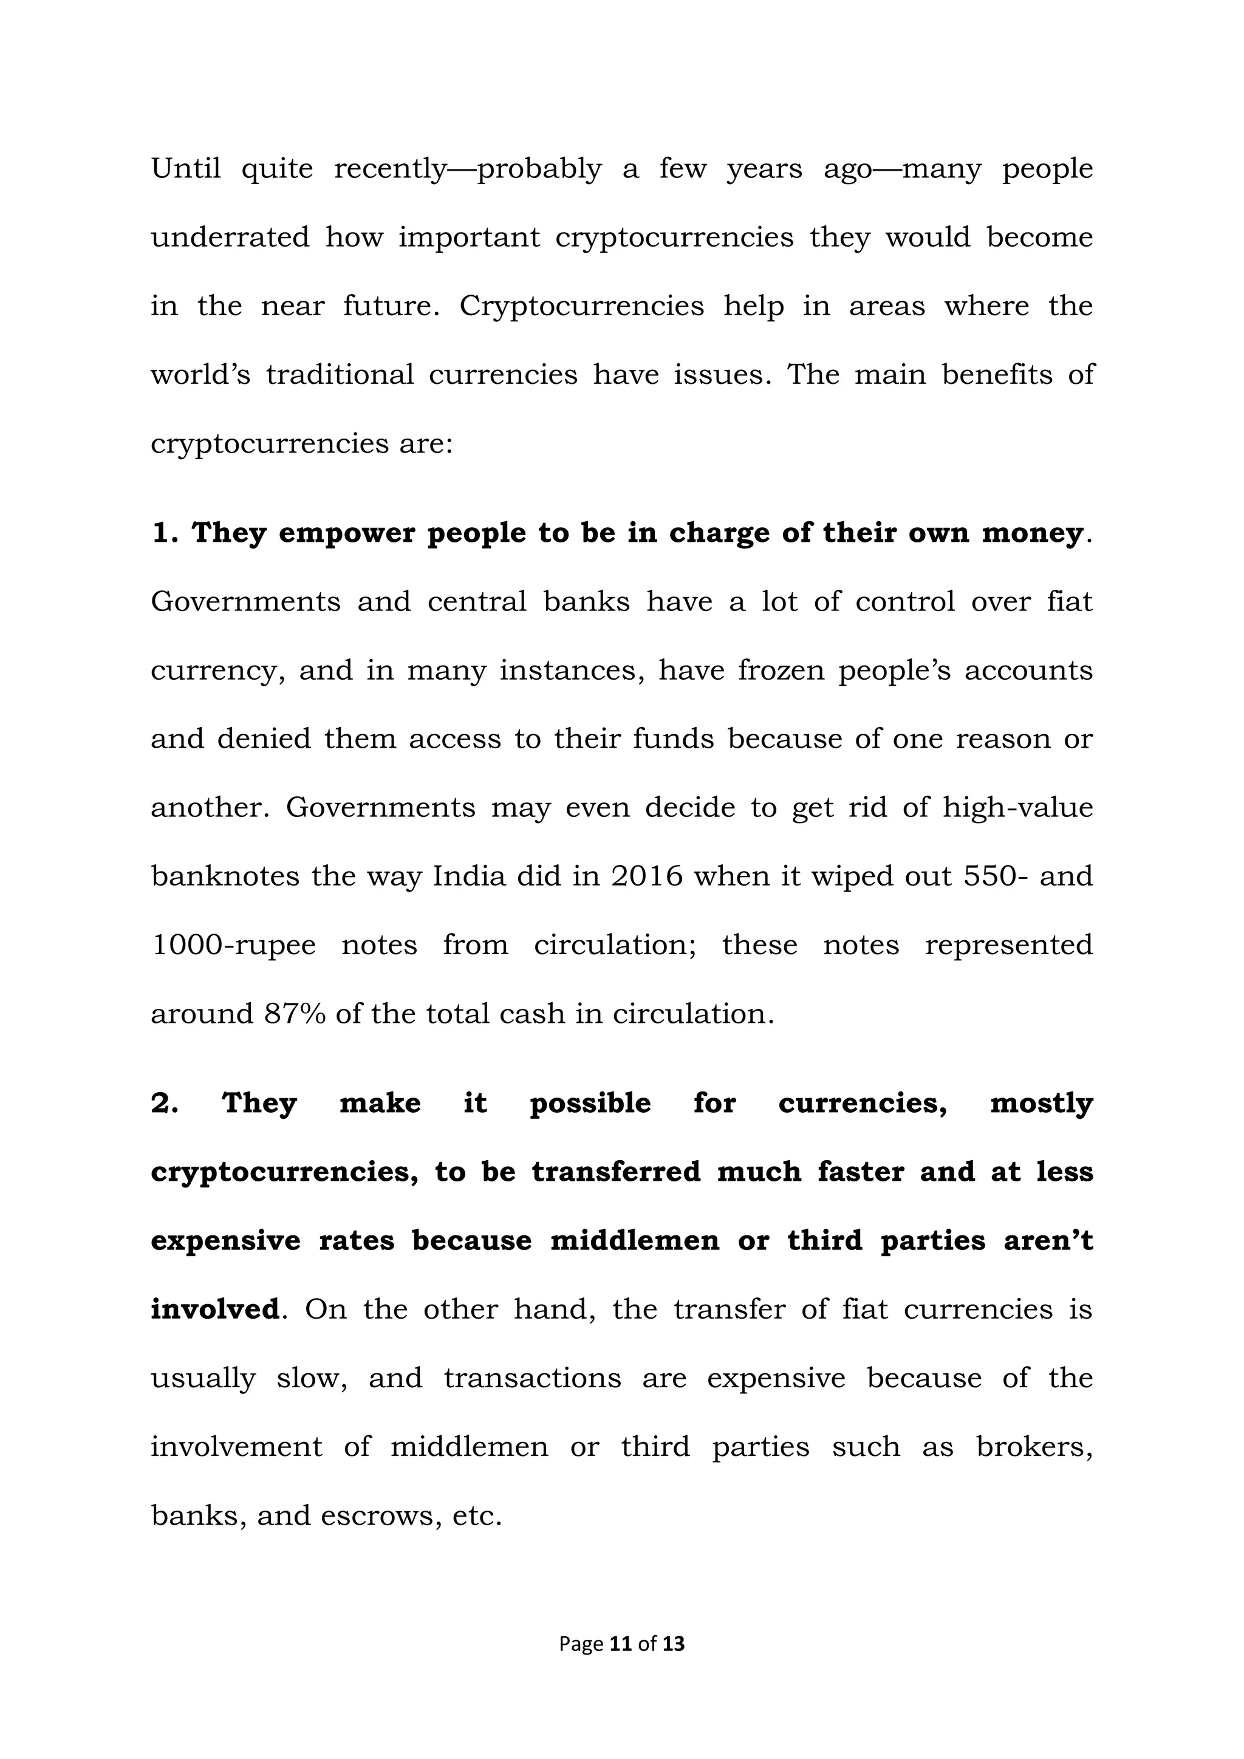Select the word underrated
click(x=230, y=237)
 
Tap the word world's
click(x=200, y=375)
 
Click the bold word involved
click(x=214, y=1310)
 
